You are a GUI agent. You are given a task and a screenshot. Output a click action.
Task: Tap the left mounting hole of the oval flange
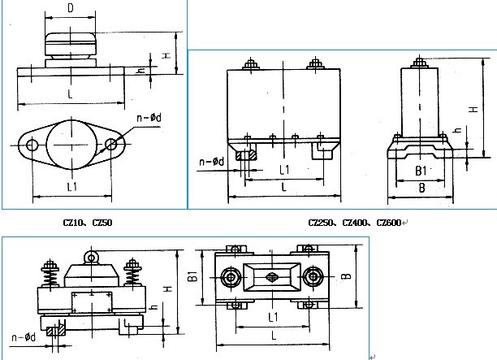(x=32, y=145)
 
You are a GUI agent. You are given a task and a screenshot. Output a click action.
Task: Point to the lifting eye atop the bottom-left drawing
(x=92, y=258)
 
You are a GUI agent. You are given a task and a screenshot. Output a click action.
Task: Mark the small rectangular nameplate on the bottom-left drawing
(x=92, y=301)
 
